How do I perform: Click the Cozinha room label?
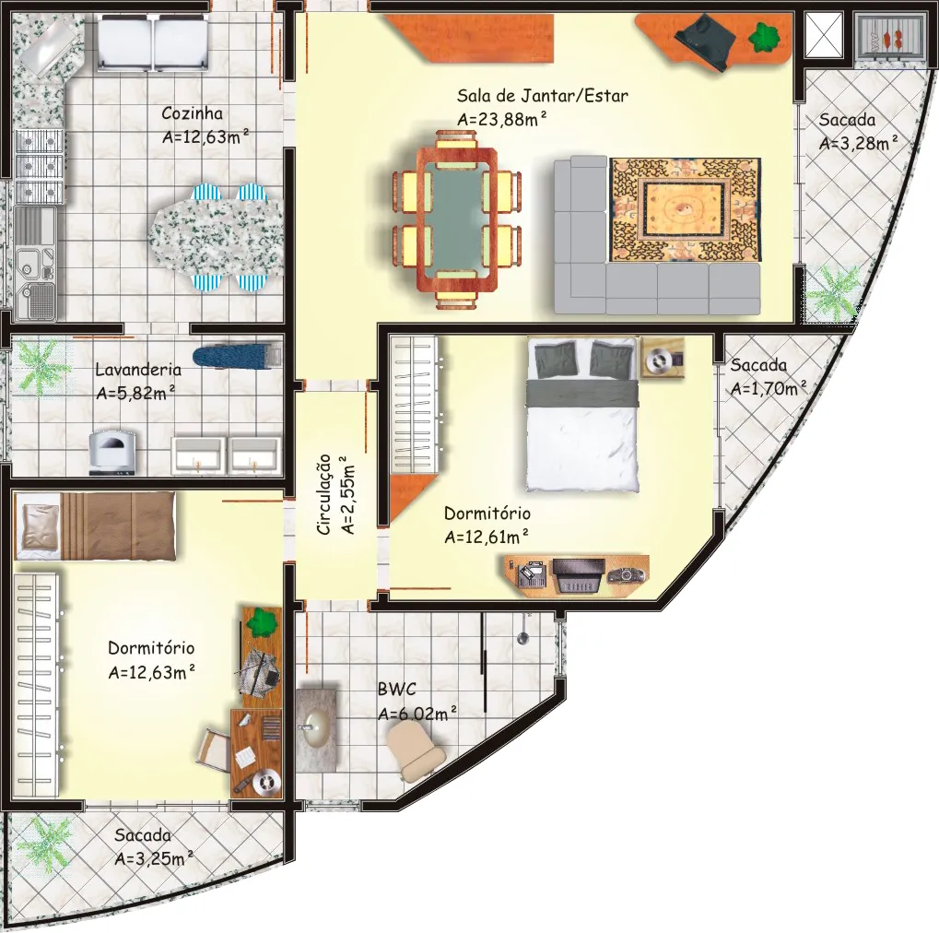192,113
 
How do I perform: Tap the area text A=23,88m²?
502,119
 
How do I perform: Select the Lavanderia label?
138,369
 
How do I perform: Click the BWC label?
396,689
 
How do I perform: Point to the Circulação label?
324,494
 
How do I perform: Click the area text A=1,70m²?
769,388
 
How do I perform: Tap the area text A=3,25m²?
153,858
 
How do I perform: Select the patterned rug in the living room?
685,209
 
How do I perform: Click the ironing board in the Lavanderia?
237,356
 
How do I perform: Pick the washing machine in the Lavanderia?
112,453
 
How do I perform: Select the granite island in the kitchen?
217,238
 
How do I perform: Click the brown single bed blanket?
117,526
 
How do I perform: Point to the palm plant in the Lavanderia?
40,364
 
